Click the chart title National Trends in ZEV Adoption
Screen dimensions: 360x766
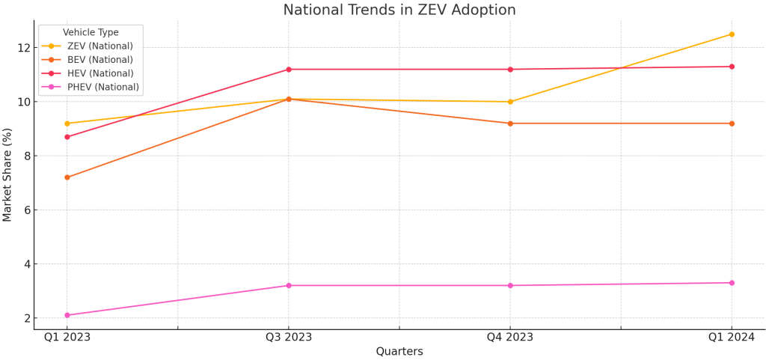coord(399,10)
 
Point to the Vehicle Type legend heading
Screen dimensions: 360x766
coord(91,33)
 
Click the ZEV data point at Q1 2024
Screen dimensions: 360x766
coord(732,34)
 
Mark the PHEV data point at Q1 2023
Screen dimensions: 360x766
coord(67,315)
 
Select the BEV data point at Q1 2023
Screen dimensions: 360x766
coord(67,177)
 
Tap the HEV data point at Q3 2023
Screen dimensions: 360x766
coord(289,70)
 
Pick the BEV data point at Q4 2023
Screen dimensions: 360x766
coord(510,123)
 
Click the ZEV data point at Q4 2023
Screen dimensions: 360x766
coord(510,102)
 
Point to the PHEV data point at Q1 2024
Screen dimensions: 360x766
coord(732,283)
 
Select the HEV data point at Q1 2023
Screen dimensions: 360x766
coord(67,137)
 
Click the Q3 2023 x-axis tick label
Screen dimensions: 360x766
coord(289,338)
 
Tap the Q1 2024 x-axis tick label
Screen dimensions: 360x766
coord(732,338)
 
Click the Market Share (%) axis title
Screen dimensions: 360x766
coord(8,174)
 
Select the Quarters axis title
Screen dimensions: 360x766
coord(399,352)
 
